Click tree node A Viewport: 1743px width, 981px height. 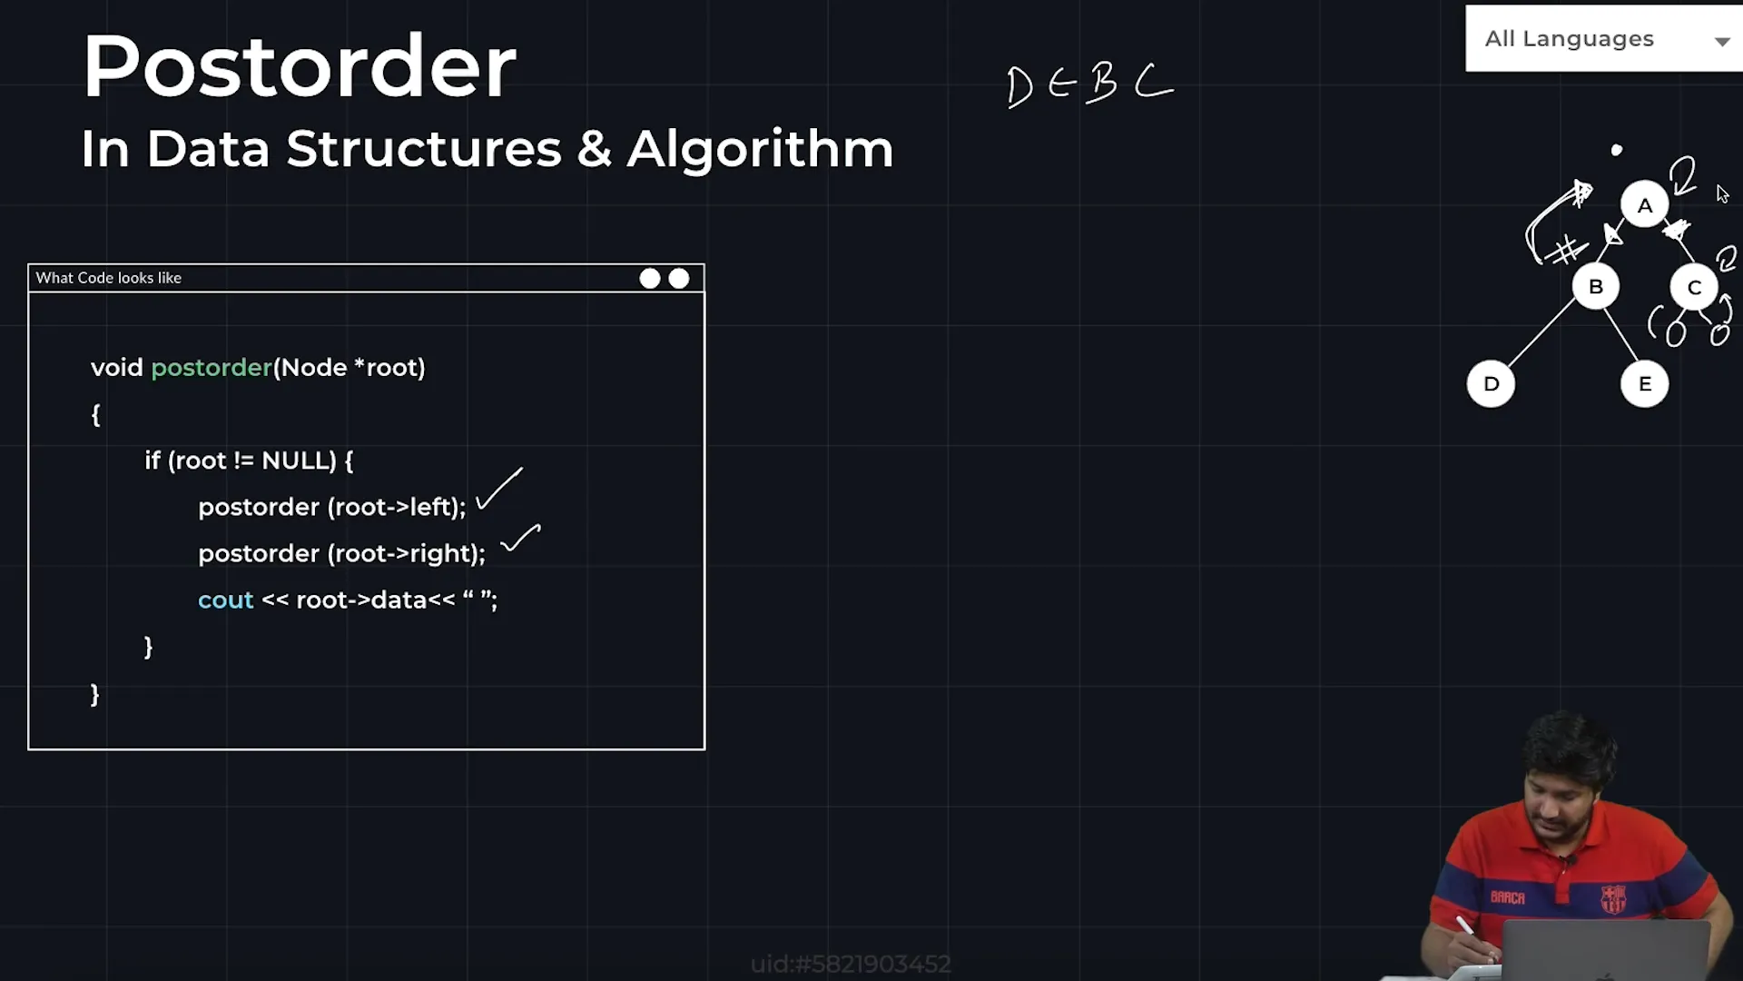tap(1644, 205)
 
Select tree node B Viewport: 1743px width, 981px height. tap(1595, 287)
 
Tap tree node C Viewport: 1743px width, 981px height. tap(1694, 288)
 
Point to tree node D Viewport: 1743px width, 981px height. tap(1491, 384)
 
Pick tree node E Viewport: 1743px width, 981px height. tap(1644, 384)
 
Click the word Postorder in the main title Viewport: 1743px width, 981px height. tap(299, 66)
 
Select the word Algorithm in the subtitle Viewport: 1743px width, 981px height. tap(760, 149)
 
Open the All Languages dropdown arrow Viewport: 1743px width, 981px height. tap(1721, 41)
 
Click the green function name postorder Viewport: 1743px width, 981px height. tap(212, 368)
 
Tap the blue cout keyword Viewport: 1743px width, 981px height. tap(225, 600)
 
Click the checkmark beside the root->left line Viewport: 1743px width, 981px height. tap(498, 489)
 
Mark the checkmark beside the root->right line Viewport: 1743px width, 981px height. tap(520, 538)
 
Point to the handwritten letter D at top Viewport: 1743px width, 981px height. tap(1019, 87)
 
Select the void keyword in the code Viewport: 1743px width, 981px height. tap(117, 368)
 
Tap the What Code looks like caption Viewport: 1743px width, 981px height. tap(109, 278)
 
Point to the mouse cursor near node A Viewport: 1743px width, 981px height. tap(1722, 194)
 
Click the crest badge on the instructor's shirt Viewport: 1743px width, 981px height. tap(1612, 899)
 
